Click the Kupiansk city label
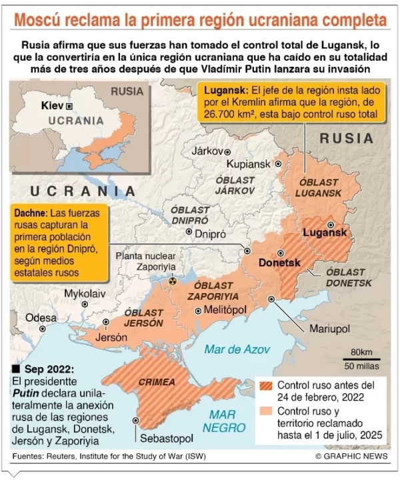click(x=248, y=164)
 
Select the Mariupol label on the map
click(x=329, y=329)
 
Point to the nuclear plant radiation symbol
click(x=173, y=282)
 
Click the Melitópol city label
click(x=227, y=310)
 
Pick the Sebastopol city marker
click(x=136, y=421)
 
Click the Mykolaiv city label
click(x=85, y=293)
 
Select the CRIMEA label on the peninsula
click(x=155, y=383)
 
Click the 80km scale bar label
click(x=361, y=352)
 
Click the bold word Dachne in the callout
click(x=30, y=212)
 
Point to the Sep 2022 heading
click(x=48, y=369)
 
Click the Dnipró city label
click(x=210, y=234)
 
